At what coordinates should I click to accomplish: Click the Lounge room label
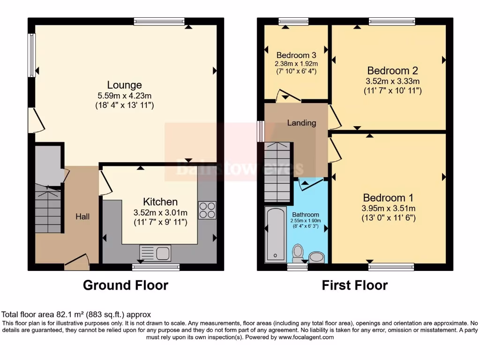click(x=124, y=85)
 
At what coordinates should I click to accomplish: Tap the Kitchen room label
click(x=160, y=202)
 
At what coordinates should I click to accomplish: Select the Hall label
click(x=83, y=217)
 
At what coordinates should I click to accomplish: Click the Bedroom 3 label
click(x=296, y=55)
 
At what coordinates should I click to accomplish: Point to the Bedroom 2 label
click(x=392, y=71)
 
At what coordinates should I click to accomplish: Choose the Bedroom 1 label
click(x=388, y=197)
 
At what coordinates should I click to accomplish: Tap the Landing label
click(x=301, y=123)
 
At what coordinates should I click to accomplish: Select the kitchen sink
click(x=156, y=253)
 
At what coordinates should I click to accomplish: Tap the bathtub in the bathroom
click(x=275, y=234)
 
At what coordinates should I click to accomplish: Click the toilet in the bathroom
click(x=298, y=253)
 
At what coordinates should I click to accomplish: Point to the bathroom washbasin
click(x=317, y=257)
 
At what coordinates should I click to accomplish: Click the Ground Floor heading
click(x=126, y=285)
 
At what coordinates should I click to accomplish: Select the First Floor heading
click(x=355, y=285)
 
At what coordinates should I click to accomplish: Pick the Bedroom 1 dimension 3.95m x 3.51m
click(x=388, y=209)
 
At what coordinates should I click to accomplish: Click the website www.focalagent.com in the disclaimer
click(x=306, y=337)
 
